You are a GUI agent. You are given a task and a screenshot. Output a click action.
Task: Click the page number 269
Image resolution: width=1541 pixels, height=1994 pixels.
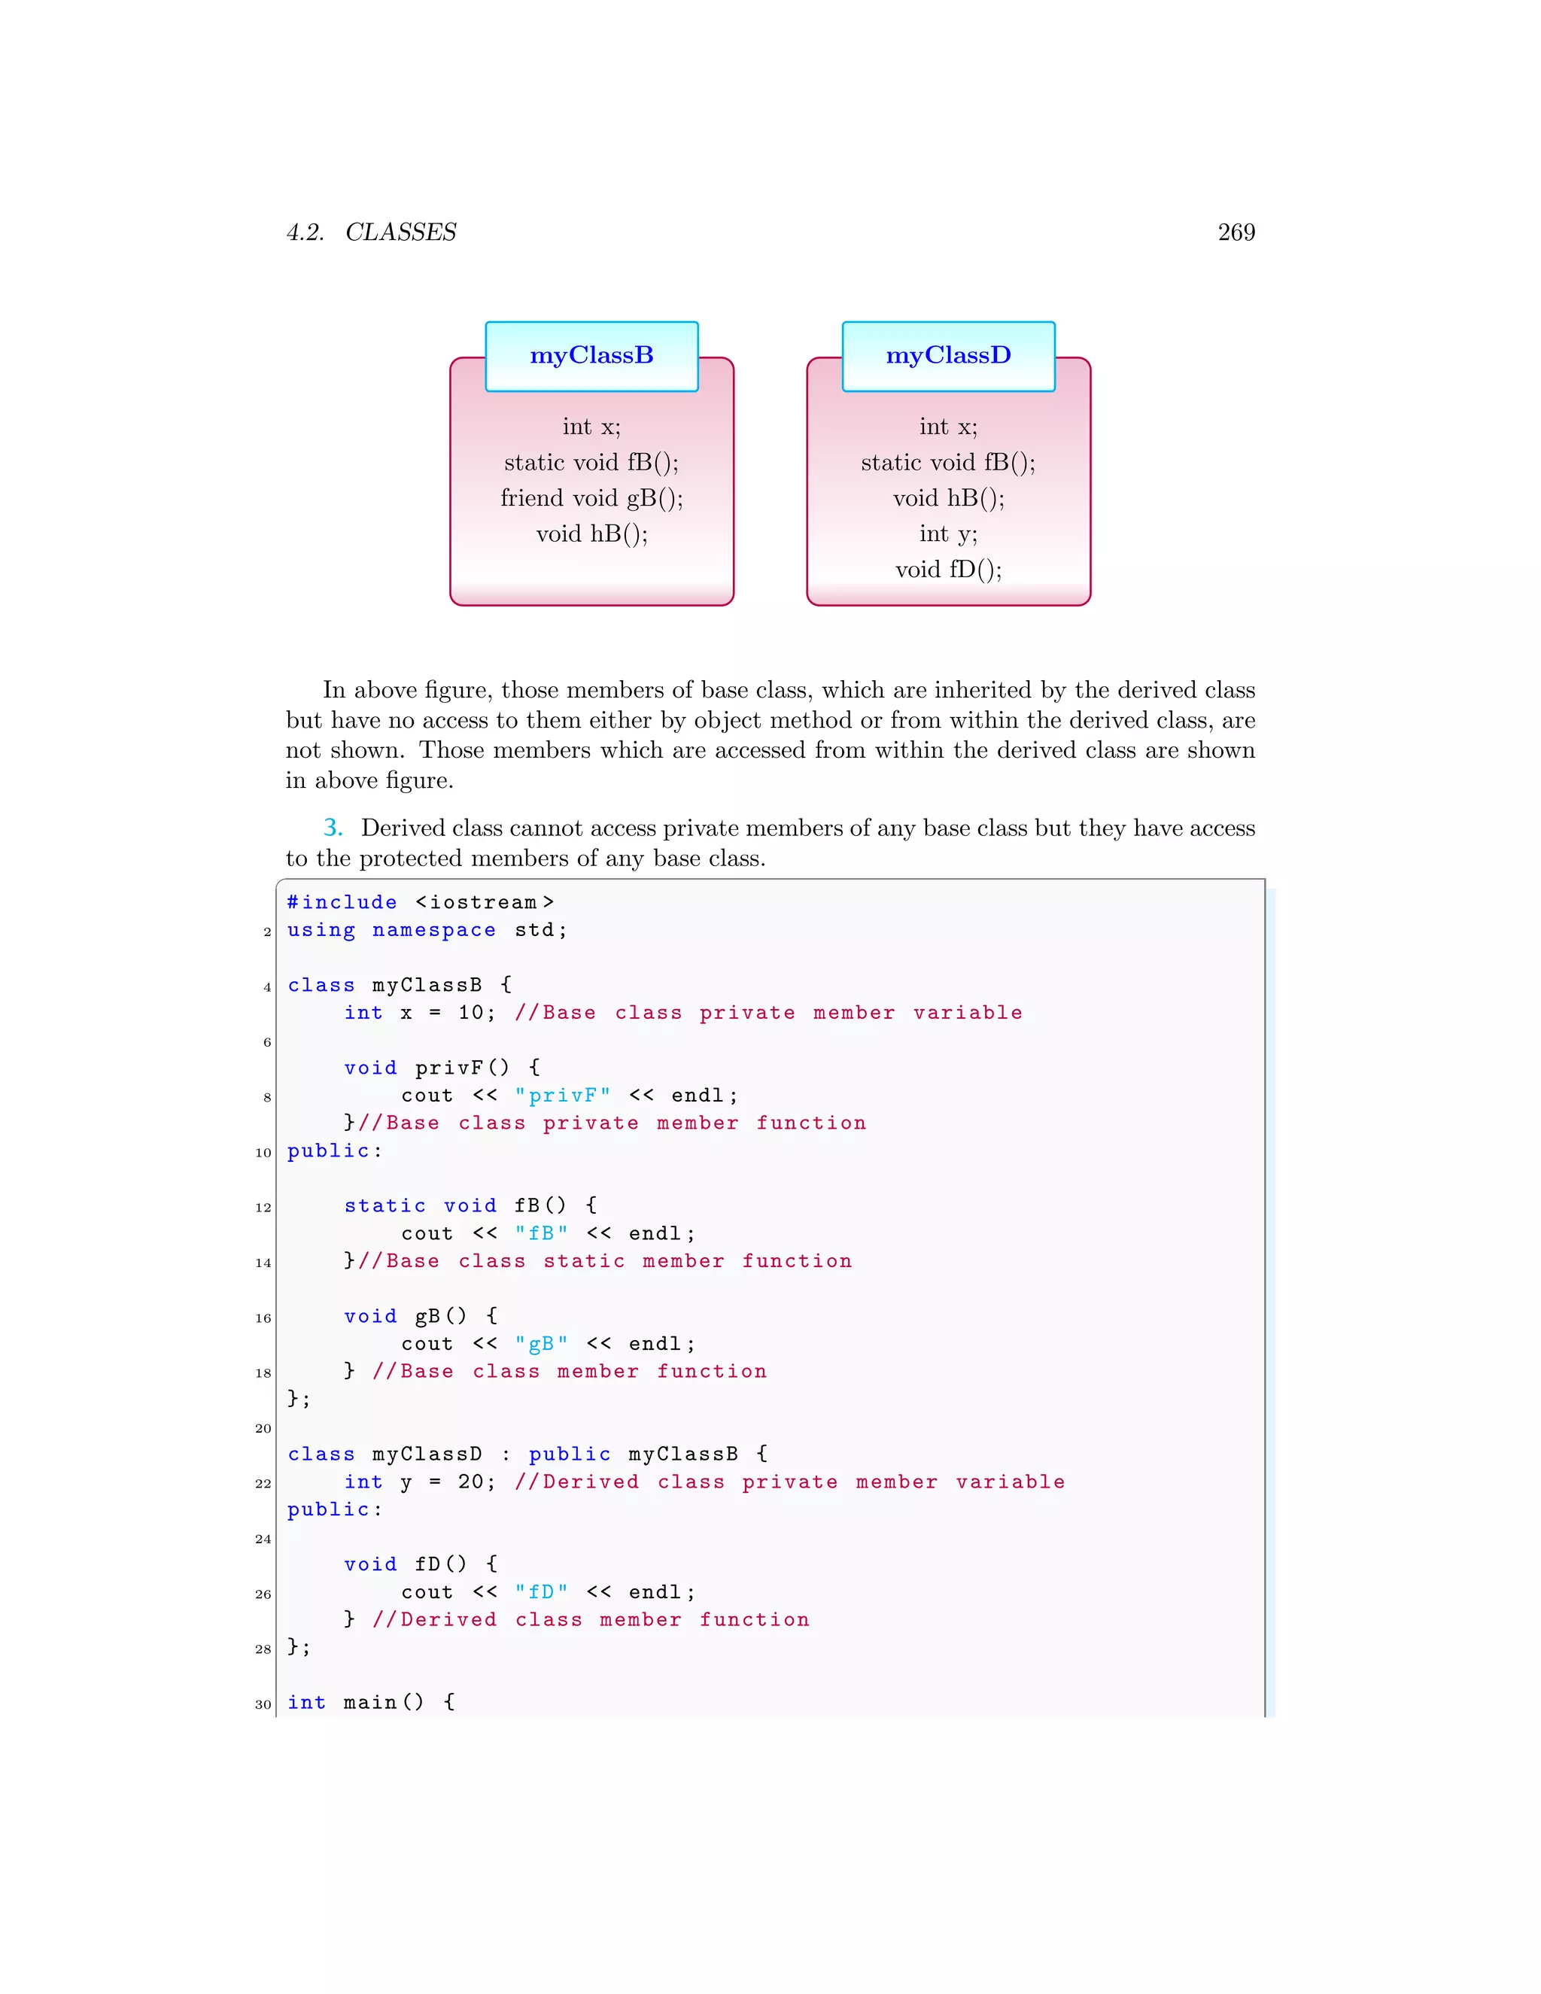[x=1236, y=232]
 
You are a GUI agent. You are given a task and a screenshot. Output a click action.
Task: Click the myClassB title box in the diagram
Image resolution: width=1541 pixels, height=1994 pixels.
[x=591, y=356]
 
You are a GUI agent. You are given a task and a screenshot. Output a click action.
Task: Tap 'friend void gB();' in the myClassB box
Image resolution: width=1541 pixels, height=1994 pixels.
[x=591, y=498]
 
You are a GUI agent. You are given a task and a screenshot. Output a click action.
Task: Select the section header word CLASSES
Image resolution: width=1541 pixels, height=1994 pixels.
[x=401, y=233]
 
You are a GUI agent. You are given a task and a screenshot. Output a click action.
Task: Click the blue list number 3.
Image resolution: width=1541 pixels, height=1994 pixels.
[x=333, y=828]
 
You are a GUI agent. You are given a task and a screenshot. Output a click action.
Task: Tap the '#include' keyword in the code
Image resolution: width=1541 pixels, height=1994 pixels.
[x=342, y=903]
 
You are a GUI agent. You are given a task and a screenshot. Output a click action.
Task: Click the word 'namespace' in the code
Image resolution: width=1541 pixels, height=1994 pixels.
[x=433, y=930]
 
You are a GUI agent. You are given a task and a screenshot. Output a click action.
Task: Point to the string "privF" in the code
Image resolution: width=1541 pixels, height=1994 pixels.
[x=562, y=1096]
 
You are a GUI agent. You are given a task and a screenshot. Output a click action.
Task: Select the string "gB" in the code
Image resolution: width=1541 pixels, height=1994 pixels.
[x=541, y=1344]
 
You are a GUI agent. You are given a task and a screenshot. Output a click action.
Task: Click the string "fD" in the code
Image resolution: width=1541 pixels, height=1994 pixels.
[x=541, y=1592]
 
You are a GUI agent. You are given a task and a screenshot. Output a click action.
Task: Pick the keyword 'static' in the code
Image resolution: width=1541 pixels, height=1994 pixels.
[x=384, y=1206]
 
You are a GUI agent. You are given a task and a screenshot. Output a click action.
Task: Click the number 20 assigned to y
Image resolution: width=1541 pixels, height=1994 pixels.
[x=472, y=1482]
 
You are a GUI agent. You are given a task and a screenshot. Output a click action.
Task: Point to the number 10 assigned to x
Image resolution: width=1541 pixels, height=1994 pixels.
[x=472, y=1013]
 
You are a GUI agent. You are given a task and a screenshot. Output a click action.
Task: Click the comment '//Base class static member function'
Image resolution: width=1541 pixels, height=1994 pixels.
[x=604, y=1261]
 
